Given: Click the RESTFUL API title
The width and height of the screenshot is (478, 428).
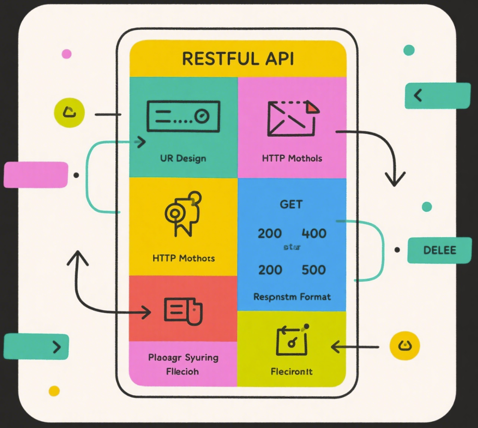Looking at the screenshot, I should pyautogui.click(x=238, y=59).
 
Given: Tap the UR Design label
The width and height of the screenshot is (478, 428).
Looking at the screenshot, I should pyautogui.click(x=183, y=158).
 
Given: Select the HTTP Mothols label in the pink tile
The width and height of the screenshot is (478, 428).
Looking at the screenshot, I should pyautogui.click(x=292, y=158).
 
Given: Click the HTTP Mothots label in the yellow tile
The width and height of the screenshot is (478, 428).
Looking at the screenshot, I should pyautogui.click(x=183, y=258).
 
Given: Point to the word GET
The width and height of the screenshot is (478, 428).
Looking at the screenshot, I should pyautogui.click(x=291, y=204).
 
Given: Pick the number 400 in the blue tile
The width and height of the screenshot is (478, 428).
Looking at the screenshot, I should pyautogui.click(x=314, y=233).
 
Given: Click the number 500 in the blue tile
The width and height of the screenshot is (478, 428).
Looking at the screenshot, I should pyautogui.click(x=314, y=270).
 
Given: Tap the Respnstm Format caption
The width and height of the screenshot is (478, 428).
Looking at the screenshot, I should pyautogui.click(x=292, y=297).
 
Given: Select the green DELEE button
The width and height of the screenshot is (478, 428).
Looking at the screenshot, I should pyautogui.click(x=439, y=250).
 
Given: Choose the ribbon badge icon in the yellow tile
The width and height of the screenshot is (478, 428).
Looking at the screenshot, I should pyautogui.click(x=183, y=213).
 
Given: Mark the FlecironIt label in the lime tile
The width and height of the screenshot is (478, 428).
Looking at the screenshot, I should pyautogui.click(x=291, y=371).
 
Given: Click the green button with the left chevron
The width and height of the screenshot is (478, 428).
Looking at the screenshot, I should pyautogui.click(x=437, y=95).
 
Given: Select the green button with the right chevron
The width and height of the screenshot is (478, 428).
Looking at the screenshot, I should pyautogui.click(x=36, y=346).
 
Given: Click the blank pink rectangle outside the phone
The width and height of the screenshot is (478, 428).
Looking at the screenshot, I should pyautogui.click(x=36, y=175).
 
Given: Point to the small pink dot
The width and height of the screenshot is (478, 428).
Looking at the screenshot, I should pyautogui.click(x=67, y=54).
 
